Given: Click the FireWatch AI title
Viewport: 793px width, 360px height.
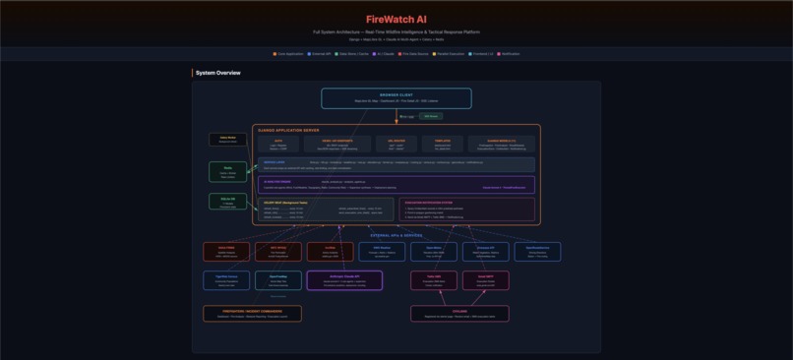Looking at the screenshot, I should coord(396,19).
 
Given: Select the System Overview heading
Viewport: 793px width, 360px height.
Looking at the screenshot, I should coord(218,73).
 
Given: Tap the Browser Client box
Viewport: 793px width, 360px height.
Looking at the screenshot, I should coord(396,98).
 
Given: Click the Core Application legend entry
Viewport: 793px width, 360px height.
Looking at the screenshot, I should coord(289,54).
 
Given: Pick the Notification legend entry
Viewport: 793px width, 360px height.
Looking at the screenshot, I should coord(509,54).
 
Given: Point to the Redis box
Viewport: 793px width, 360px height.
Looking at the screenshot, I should coord(227,172).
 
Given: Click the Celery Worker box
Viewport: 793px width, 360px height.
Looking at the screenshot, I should coord(227,140).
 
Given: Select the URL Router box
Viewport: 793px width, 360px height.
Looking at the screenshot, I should coord(396,144).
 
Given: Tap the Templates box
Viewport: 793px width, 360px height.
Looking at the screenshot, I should coord(443,144).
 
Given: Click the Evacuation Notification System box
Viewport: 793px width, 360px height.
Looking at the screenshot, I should coord(468,210).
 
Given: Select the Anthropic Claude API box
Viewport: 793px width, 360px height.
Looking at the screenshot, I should coord(344,280).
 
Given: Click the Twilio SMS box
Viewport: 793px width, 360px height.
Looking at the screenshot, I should coord(434,280).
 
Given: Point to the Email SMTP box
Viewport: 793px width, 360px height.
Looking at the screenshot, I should coord(486,280).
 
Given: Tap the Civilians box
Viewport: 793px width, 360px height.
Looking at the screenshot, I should coord(459,314).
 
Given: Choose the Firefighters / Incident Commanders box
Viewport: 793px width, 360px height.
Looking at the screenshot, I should coord(252,314).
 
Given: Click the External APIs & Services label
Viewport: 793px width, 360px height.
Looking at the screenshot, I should coord(396,236).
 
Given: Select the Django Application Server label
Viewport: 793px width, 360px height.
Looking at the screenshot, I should coord(288,130).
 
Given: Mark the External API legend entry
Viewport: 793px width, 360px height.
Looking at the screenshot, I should coord(321,54).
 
